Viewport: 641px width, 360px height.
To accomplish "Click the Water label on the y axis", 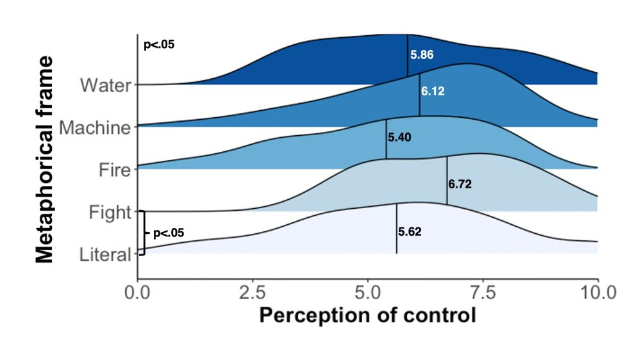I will click(106, 85).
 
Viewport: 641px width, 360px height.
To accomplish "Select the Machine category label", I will click(95, 127).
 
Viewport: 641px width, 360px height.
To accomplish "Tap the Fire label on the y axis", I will click(115, 170).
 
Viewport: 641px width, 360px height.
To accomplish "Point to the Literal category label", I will click(104, 255).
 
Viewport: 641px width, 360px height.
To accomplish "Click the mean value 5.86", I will click(422, 55).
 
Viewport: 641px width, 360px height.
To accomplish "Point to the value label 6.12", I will click(433, 92).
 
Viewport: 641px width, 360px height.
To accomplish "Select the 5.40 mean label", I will click(399, 136).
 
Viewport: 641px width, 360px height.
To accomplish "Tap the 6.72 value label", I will click(460, 184).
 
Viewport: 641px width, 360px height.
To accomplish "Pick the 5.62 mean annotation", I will click(410, 232).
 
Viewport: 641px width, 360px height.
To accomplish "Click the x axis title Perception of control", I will click(367, 316).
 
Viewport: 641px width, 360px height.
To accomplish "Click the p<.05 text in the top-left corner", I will click(158, 45).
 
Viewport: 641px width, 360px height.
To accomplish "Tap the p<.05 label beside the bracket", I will click(169, 233).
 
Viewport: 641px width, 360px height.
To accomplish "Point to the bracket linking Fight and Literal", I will click(142, 233).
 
